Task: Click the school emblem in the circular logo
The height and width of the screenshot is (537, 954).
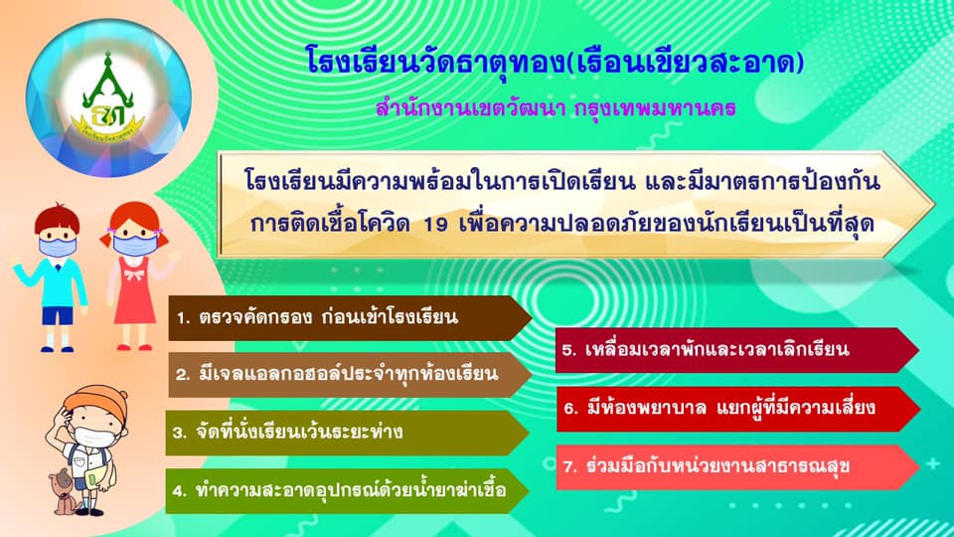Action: tap(107, 97)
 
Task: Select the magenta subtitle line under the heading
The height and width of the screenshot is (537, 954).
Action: tap(556, 108)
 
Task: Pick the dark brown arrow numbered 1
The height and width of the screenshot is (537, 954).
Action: tap(350, 318)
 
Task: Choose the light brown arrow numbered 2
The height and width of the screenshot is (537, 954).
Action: tap(350, 375)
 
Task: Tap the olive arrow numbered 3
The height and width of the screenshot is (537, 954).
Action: tap(347, 433)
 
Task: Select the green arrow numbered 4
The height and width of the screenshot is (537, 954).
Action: tap(347, 490)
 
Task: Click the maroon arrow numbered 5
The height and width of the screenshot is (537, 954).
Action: tap(737, 350)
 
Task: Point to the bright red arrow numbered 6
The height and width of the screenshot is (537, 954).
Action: tap(738, 409)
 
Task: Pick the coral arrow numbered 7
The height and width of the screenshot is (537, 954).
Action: tap(737, 467)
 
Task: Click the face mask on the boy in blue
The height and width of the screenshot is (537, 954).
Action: tap(58, 248)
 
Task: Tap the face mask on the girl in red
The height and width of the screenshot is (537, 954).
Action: tap(135, 245)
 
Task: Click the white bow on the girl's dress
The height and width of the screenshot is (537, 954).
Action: tap(134, 274)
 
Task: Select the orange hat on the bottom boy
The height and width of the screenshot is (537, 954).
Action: tap(95, 400)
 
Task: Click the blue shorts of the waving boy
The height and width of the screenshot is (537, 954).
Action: tap(58, 315)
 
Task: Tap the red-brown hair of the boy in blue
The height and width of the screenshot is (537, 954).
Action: tap(57, 219)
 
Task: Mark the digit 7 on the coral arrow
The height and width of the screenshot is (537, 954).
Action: tap(568, 467)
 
